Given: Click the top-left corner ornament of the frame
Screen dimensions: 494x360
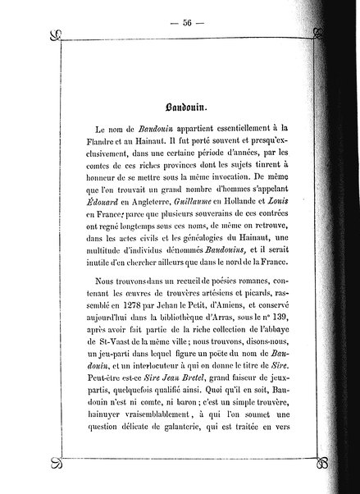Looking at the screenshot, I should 57,34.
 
